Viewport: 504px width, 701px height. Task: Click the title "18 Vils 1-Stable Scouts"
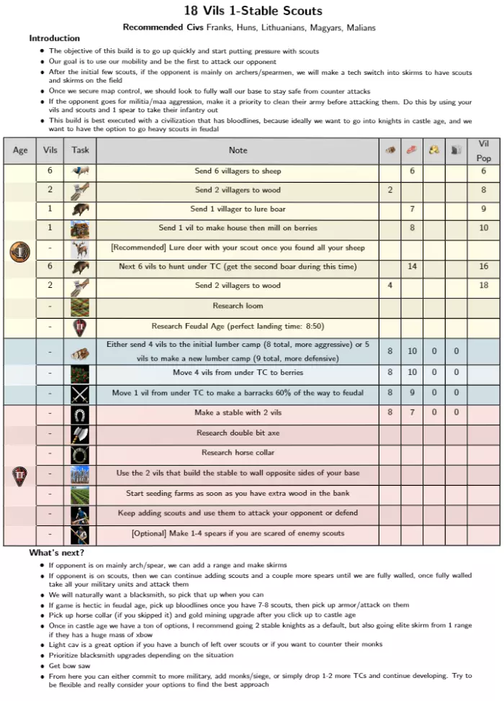coord(253,11)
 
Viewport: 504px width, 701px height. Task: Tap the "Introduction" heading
coord(55,38)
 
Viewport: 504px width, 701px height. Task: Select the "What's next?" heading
coord(57,553)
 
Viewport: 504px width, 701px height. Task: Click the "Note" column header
coord(238,150)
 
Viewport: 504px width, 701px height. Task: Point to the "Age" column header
coord(20,150)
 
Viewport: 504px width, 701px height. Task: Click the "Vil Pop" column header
coord(483,150)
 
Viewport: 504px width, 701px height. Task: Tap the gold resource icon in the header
coord(434,150)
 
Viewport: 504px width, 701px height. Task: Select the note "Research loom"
coord(238,306)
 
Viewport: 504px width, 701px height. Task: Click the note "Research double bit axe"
coord(238,433)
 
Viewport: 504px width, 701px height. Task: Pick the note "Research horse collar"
coord(238,453)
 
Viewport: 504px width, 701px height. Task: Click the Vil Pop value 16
coord(483,266)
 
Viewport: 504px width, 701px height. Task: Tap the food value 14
coord(413,266)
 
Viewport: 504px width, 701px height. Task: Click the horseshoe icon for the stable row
coord(80,414)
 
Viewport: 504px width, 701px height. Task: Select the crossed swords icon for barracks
coord(80,394)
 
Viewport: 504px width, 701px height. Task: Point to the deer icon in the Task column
coord(80,248)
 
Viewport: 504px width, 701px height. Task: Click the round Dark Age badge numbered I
coord(19,253)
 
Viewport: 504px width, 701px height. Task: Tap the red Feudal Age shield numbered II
coord(19,475)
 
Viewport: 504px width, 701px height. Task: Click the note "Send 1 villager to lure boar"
coord(238,209)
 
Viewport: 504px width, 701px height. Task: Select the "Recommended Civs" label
coord(163,27)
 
